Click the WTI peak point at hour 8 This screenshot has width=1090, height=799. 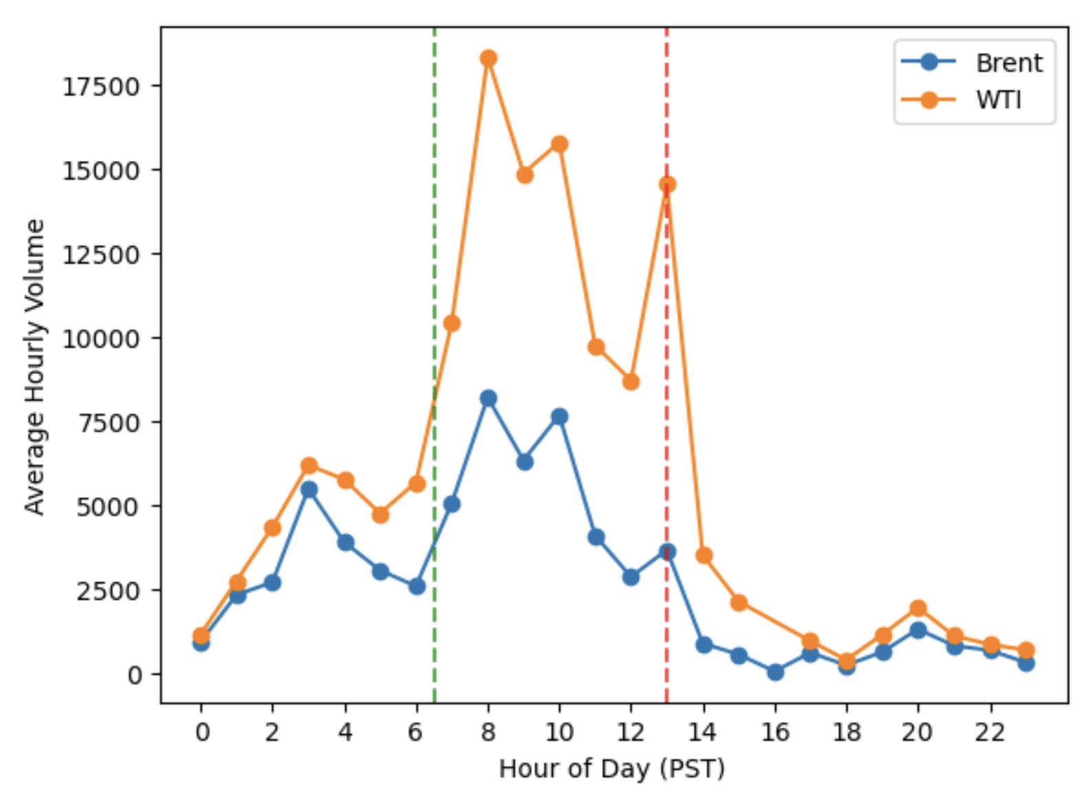[489, 58]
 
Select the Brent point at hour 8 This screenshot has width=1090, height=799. [489, 398]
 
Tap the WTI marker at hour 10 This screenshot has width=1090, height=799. [559, 144]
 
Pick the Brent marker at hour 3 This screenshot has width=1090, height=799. [309, 490]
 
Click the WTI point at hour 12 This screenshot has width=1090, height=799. [631, 382]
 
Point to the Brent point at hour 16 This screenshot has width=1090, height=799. [775, 672]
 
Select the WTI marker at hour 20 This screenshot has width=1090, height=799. [918, 609]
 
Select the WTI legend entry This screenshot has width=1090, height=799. [963, 100]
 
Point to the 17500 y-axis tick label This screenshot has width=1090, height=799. [101, 87]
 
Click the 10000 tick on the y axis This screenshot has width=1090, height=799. [101, 339]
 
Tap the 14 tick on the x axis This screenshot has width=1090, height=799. [703, 733]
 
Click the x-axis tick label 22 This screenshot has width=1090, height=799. [990, 733]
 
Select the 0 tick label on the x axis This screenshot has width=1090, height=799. [202, 733]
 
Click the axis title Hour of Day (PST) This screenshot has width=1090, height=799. [612, 769]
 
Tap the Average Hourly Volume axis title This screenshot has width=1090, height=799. [34, 366]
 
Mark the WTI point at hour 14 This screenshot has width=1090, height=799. [703, 556]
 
